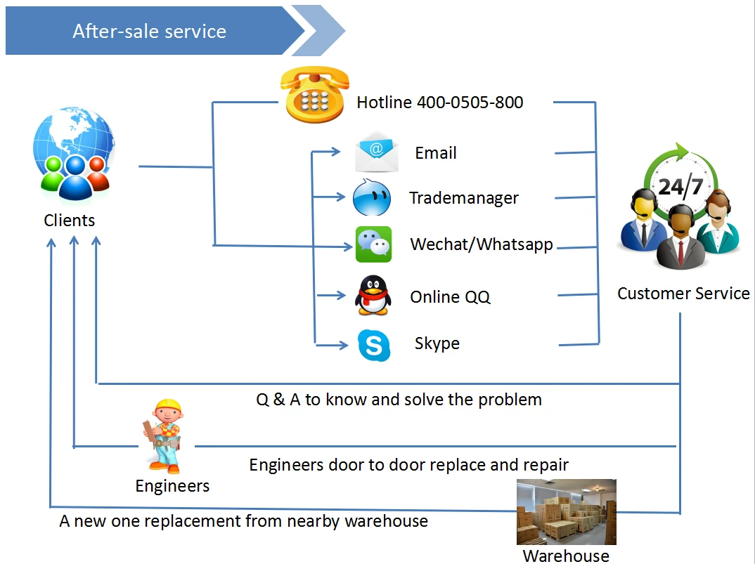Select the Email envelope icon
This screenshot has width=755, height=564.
coord(376,151)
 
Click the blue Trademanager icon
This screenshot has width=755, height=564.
coord(371,197)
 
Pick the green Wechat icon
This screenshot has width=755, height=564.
coord(373,244)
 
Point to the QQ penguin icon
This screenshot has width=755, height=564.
coord(372,295)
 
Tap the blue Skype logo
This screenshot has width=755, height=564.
coord(373,345)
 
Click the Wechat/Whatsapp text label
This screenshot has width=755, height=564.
coord(482,244)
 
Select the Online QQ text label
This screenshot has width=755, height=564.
coord(450,297)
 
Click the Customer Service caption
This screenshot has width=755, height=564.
coord(683,294)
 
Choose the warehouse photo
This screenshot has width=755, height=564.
coord(566,512)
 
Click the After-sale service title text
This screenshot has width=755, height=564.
coord(149,32)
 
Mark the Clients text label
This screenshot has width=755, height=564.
coord(69,221)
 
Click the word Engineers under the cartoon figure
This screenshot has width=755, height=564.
coord(172,486)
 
